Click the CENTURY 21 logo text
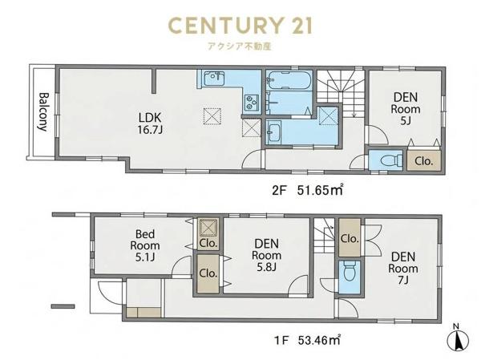[240, 26]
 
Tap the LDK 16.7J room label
[150, 123]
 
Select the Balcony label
[43, 112]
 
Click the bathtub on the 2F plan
[289, 80]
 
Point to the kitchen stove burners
[252, 102]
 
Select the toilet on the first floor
[349, 271]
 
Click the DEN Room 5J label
[405, 109]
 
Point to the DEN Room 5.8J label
[266, 255]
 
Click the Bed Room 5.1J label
[145, 245]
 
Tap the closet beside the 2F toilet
[423, 160]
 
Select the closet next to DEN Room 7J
[350, 238]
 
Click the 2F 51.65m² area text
[307, 191]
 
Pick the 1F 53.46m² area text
[307, 340]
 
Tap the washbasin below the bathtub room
[273, 132]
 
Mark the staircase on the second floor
[340, 92]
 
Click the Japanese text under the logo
[240, 46]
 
